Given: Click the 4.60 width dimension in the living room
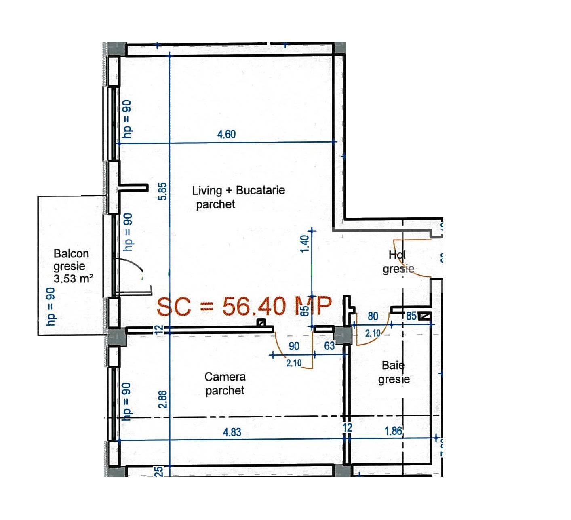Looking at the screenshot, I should coord(226,134).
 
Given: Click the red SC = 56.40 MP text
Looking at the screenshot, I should coord(244,306).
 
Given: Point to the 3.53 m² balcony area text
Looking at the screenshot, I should coord(74,278).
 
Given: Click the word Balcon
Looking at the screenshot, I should coord(71,254).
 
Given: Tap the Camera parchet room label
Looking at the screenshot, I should coord(225,383).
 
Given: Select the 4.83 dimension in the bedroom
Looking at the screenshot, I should coord(232,432).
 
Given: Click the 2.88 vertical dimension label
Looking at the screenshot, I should coord(163,399).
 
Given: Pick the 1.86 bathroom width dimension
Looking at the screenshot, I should coord(393,431).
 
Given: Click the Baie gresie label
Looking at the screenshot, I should coord(394,373).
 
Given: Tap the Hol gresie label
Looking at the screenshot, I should coord(398,262).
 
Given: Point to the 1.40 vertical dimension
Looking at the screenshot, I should coord(306,243).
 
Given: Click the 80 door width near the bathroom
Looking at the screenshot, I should coord(373,316).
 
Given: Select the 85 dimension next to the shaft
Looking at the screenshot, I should coord(411,316).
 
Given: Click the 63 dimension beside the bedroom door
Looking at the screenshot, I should coord(329,346).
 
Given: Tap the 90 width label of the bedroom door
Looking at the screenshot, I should coord(294,346).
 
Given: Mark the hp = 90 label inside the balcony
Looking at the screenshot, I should coord(51,306).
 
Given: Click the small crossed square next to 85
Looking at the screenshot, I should coord(424,316).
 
